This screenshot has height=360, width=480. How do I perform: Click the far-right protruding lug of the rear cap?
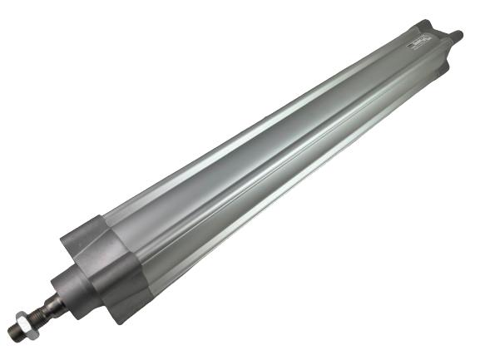(x=458, y=37)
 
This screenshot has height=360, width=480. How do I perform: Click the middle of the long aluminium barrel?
(x=266, y=150)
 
